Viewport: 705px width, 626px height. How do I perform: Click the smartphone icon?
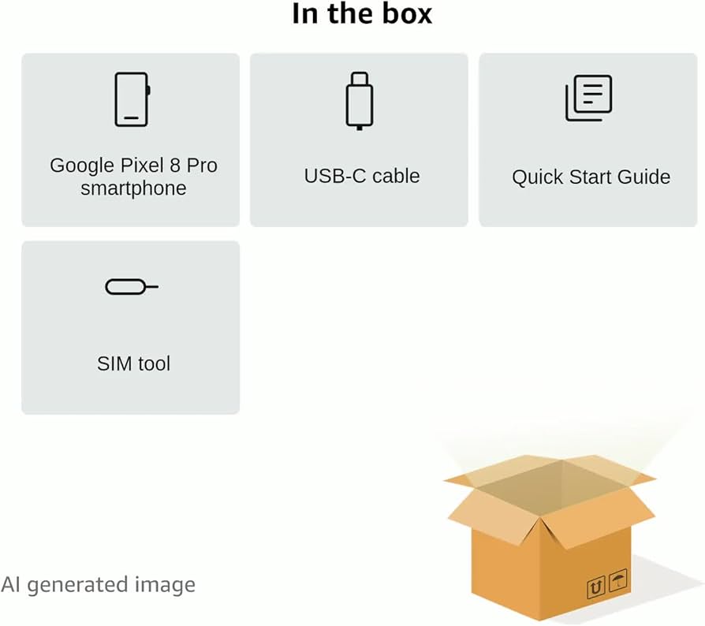(131, 99)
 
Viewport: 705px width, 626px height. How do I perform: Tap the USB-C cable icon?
(359, 100)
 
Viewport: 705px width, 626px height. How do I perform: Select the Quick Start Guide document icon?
(588, 99)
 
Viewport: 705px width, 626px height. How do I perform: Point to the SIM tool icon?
(131, 287)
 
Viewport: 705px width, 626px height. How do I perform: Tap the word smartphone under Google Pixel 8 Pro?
(133, 188)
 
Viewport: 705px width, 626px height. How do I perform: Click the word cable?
(395, 176)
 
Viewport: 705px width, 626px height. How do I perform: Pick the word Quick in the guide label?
(534, 177)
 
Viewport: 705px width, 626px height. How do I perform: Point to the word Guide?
(644, 177)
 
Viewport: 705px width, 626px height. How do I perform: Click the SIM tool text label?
(133, 363)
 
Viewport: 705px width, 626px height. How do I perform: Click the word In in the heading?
(304, 13)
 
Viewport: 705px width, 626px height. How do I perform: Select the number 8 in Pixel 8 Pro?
(174, 166)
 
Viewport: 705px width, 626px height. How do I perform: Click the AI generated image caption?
(98, 585)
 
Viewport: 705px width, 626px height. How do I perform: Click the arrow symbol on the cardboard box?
(596, 587)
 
